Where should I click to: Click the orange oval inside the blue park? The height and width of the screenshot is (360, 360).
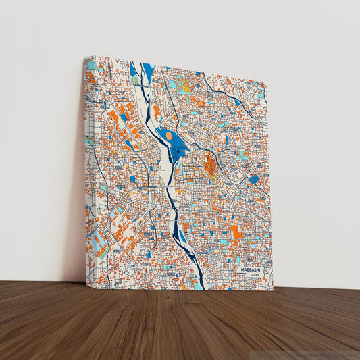pyautogui.click(x=169, y=136)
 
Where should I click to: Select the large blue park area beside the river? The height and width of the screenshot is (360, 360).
pyautogui.click(x=177, y=143)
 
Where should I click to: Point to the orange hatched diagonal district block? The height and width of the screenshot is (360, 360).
pyautogui.click(x=210, y=164)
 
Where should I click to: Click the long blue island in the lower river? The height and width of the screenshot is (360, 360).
pyautogui.click(x=183, y=236)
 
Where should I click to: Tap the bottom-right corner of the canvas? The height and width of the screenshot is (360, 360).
pyautogui.click(x=274, y=290)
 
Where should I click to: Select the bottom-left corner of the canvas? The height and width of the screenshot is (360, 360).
pyautogui.click(x=86, y=282)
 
